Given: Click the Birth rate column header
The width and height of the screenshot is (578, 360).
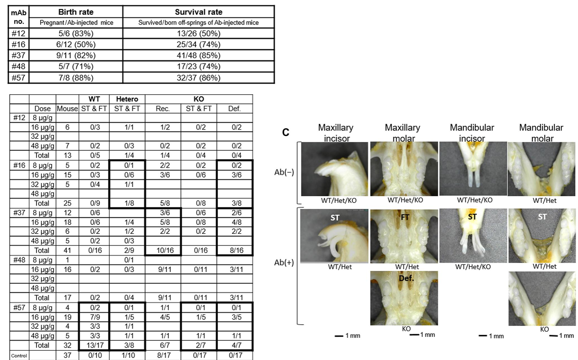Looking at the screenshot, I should click(76, 12).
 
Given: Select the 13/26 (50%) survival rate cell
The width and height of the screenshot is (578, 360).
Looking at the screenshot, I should click(198, 34).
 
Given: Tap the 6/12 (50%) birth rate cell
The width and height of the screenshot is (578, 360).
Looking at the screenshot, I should click(76, 44).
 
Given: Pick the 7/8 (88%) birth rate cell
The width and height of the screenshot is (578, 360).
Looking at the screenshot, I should click(76, 78).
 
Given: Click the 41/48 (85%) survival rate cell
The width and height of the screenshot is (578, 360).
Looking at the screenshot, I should click(198, 55).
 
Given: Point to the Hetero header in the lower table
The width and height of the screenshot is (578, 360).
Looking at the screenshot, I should click(127, 99).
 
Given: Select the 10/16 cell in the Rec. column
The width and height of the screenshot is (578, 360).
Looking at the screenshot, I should click(165, 251).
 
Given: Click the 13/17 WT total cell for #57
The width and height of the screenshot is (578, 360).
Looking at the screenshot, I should click(95, 345).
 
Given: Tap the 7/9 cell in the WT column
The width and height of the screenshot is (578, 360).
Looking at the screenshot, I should click(95, 317).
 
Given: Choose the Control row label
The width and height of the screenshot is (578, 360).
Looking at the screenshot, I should click(19, 356).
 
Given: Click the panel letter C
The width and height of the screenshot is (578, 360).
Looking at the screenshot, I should click(286, 132).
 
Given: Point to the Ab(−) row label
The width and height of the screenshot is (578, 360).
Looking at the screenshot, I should click(284, 172).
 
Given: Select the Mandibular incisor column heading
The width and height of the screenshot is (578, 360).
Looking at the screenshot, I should click(472, 133).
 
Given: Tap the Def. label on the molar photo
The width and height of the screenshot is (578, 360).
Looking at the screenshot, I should click(406, 278).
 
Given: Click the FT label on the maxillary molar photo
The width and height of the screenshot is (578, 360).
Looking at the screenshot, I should click(405, 217).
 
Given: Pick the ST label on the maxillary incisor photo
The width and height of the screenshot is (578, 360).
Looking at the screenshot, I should click(335, 218).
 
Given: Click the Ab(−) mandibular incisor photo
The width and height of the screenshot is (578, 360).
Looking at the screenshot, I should click(473, 168).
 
